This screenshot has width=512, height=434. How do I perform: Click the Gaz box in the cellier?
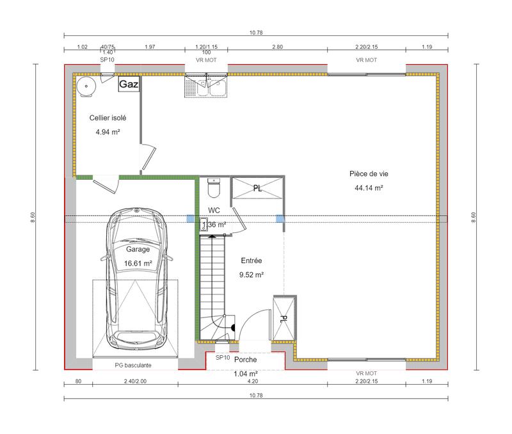pos(128,84)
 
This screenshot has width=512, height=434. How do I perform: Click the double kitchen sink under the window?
pos(207,86)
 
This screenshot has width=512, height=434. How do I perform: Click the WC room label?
pos(214,210)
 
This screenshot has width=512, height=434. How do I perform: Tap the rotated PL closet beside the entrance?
pos(284,318)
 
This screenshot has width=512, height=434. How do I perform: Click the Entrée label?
pos(252,261)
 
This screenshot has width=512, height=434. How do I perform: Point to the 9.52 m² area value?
pos(252,275)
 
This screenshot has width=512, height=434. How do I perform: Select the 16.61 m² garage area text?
pos(138,262)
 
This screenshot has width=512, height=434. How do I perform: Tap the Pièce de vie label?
pos(369,173)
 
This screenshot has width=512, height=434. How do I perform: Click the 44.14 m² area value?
pos(369,188)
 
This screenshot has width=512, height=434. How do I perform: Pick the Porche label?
pos(245,360)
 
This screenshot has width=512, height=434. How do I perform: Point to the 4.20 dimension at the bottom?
pos(252,382)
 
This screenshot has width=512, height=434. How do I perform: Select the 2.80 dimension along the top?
pos(277,47)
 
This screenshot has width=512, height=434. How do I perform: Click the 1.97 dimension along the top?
pos(150,47)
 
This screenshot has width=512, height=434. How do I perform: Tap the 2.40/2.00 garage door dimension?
pos(134,382)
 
